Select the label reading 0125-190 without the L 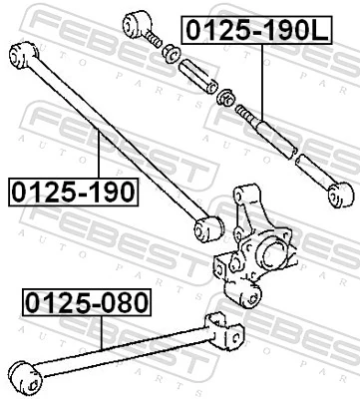click(x=72, y=190)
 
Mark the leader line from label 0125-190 click(x=100, y=160)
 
